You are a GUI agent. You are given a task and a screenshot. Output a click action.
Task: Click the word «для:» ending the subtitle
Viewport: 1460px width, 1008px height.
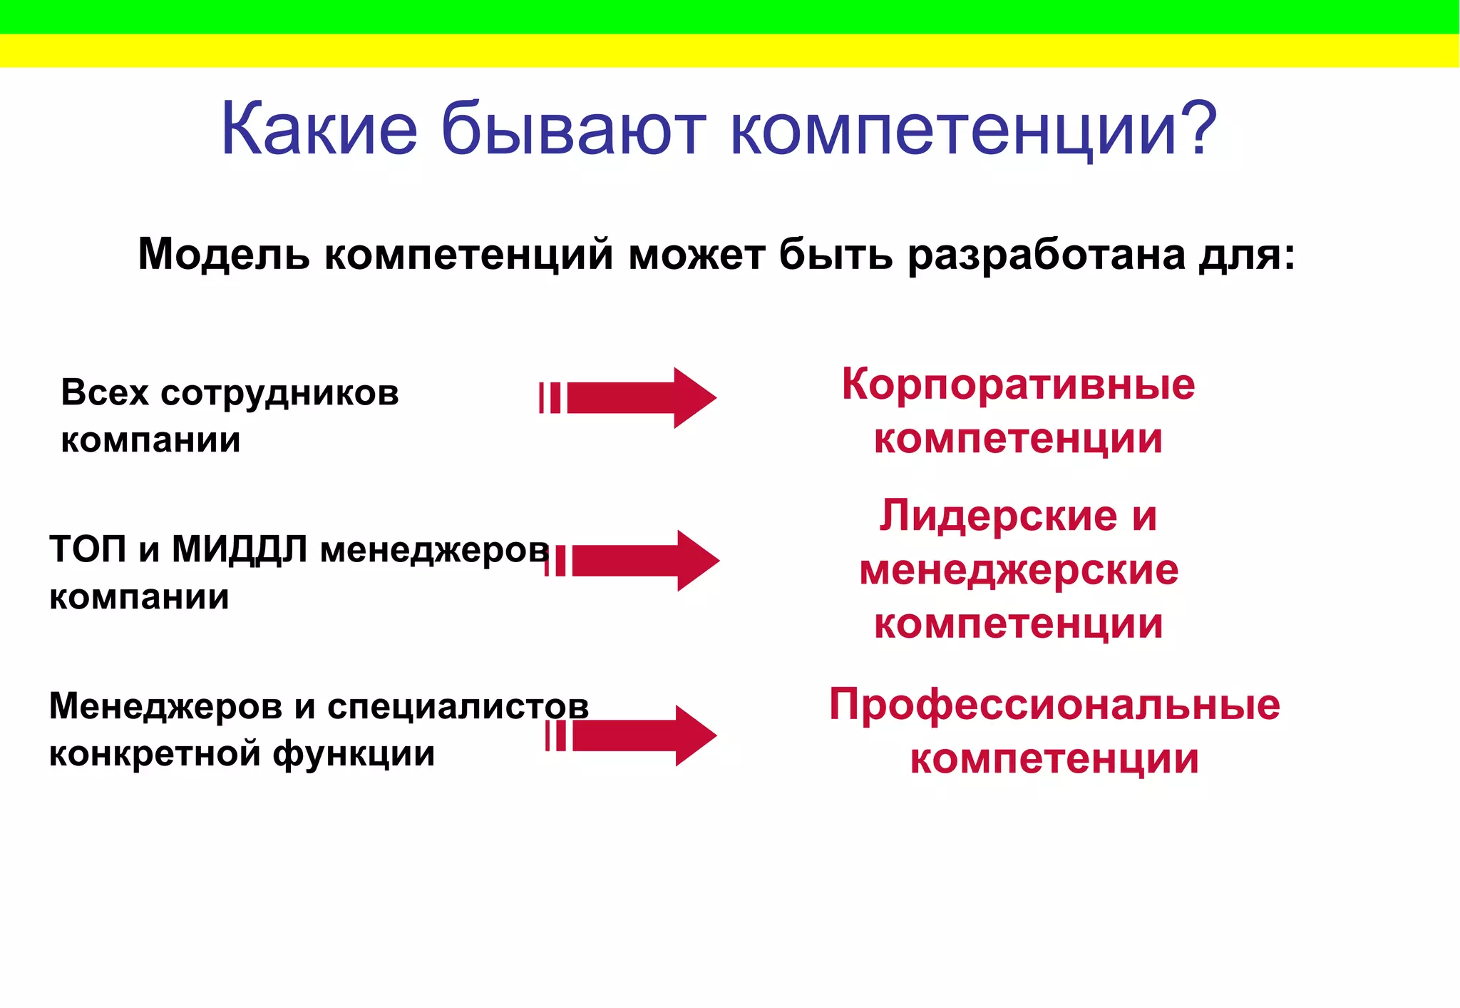(x=1247, y=254)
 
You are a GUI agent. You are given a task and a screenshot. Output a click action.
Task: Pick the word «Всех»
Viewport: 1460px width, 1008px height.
(x=105, y=392)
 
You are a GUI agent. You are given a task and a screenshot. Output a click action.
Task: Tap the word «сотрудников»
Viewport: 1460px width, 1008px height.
(x=279, y=394)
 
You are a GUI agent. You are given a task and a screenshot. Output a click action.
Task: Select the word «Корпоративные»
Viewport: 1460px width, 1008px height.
(x=1018, y=385)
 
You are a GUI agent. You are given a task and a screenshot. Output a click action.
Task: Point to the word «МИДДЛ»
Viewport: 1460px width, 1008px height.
(x=240, y=551)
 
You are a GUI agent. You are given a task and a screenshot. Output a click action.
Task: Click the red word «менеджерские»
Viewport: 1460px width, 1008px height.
(x=1019, y=570)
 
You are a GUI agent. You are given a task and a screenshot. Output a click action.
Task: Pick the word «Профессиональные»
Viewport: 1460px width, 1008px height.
(x=1054, y=705)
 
